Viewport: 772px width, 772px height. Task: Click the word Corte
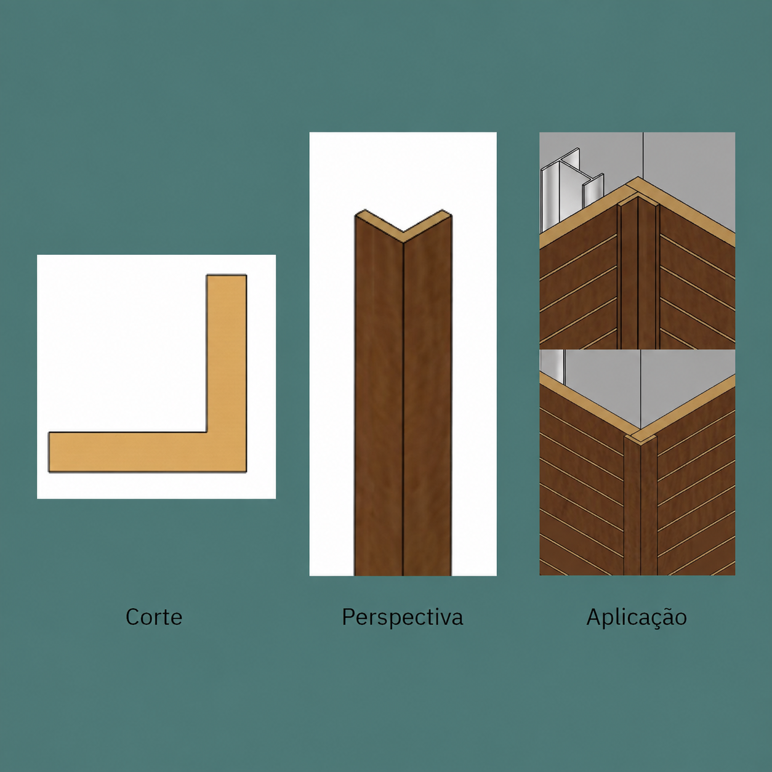coord(154,617)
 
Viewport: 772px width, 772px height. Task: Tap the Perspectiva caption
coord(402,617)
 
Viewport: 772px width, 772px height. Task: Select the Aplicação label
coord(637,617)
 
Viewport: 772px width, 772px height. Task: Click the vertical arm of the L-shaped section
coord(227,353)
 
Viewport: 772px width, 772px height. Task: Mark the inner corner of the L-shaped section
coord(206,432)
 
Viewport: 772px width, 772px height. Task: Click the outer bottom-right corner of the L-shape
coord(246,472)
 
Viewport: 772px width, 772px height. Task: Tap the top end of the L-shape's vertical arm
coord(227,275)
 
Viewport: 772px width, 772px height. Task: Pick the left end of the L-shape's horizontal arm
coord(49,452)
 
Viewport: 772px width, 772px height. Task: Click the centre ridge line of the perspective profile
coord(403,409)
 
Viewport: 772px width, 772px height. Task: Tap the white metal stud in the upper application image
coord(571,188)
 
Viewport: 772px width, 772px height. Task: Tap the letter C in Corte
coord(132,617)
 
